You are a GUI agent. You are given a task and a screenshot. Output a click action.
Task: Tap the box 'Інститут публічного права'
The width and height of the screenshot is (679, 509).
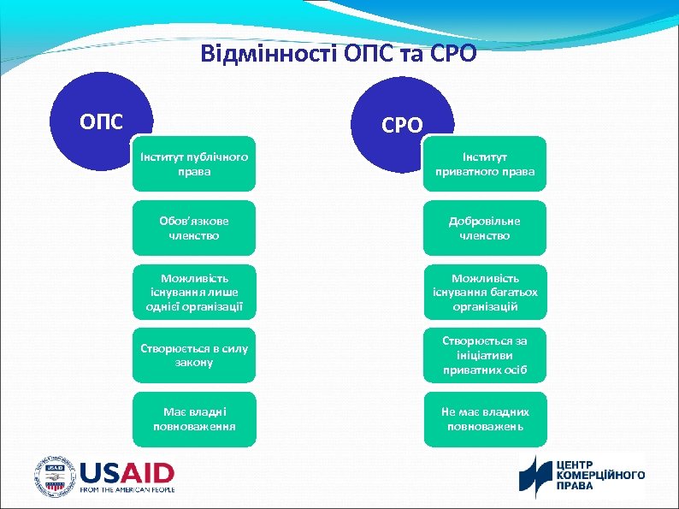pos(194,163)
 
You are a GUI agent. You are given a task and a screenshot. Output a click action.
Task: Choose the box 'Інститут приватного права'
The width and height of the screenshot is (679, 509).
pos(485,164)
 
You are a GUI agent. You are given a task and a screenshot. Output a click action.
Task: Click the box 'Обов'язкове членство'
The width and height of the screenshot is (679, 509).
pos(194,228)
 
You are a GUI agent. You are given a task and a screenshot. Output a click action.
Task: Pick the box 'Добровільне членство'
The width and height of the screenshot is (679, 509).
pos(485,228)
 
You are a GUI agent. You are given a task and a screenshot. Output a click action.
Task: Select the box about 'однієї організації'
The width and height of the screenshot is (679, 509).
pos(194,292)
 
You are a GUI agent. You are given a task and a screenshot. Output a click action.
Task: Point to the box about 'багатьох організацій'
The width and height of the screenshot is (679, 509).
pos(485,292)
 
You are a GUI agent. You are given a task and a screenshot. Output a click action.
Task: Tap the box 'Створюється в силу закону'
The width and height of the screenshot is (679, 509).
pos(194,355)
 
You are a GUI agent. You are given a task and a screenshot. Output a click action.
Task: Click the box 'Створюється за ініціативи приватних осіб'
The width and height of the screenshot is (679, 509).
pos(485,355)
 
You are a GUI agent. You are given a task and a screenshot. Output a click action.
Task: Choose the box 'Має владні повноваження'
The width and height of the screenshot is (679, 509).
pos(194,418)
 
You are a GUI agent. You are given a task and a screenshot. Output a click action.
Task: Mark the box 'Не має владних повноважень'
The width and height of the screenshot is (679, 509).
pos(485,418)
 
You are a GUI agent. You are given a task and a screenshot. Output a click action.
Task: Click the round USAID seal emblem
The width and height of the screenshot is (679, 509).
pos(55,476)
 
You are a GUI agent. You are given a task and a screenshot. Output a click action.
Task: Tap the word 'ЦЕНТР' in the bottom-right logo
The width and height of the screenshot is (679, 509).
pos(576,464)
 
